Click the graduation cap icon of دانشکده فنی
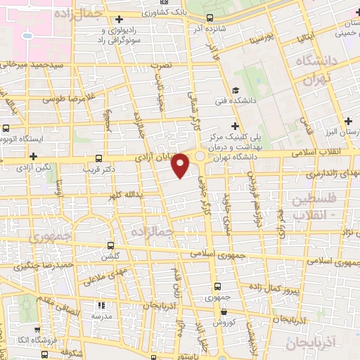237,90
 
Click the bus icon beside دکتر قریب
98,158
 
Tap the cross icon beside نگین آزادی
33,155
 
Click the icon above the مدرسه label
101,305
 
